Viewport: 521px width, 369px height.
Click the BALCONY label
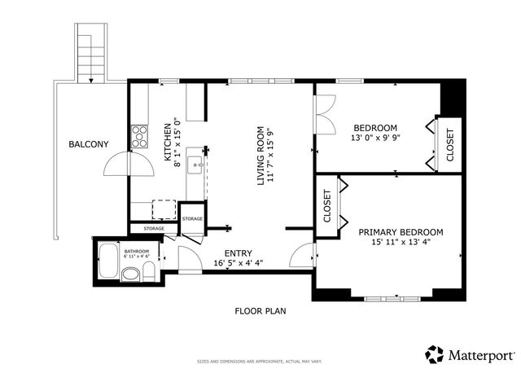point(88,144)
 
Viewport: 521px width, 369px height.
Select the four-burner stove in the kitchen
point(139,134)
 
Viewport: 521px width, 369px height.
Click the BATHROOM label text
point(136,250)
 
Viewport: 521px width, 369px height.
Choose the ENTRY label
point(238,253)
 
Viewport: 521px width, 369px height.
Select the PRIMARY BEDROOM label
point(401,232)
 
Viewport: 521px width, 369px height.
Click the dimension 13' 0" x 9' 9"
point(374,138)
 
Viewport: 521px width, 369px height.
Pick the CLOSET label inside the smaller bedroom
point(449,145)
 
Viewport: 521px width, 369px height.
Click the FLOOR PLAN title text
point(260,310)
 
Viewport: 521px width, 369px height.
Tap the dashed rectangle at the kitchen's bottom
point(164,209)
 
